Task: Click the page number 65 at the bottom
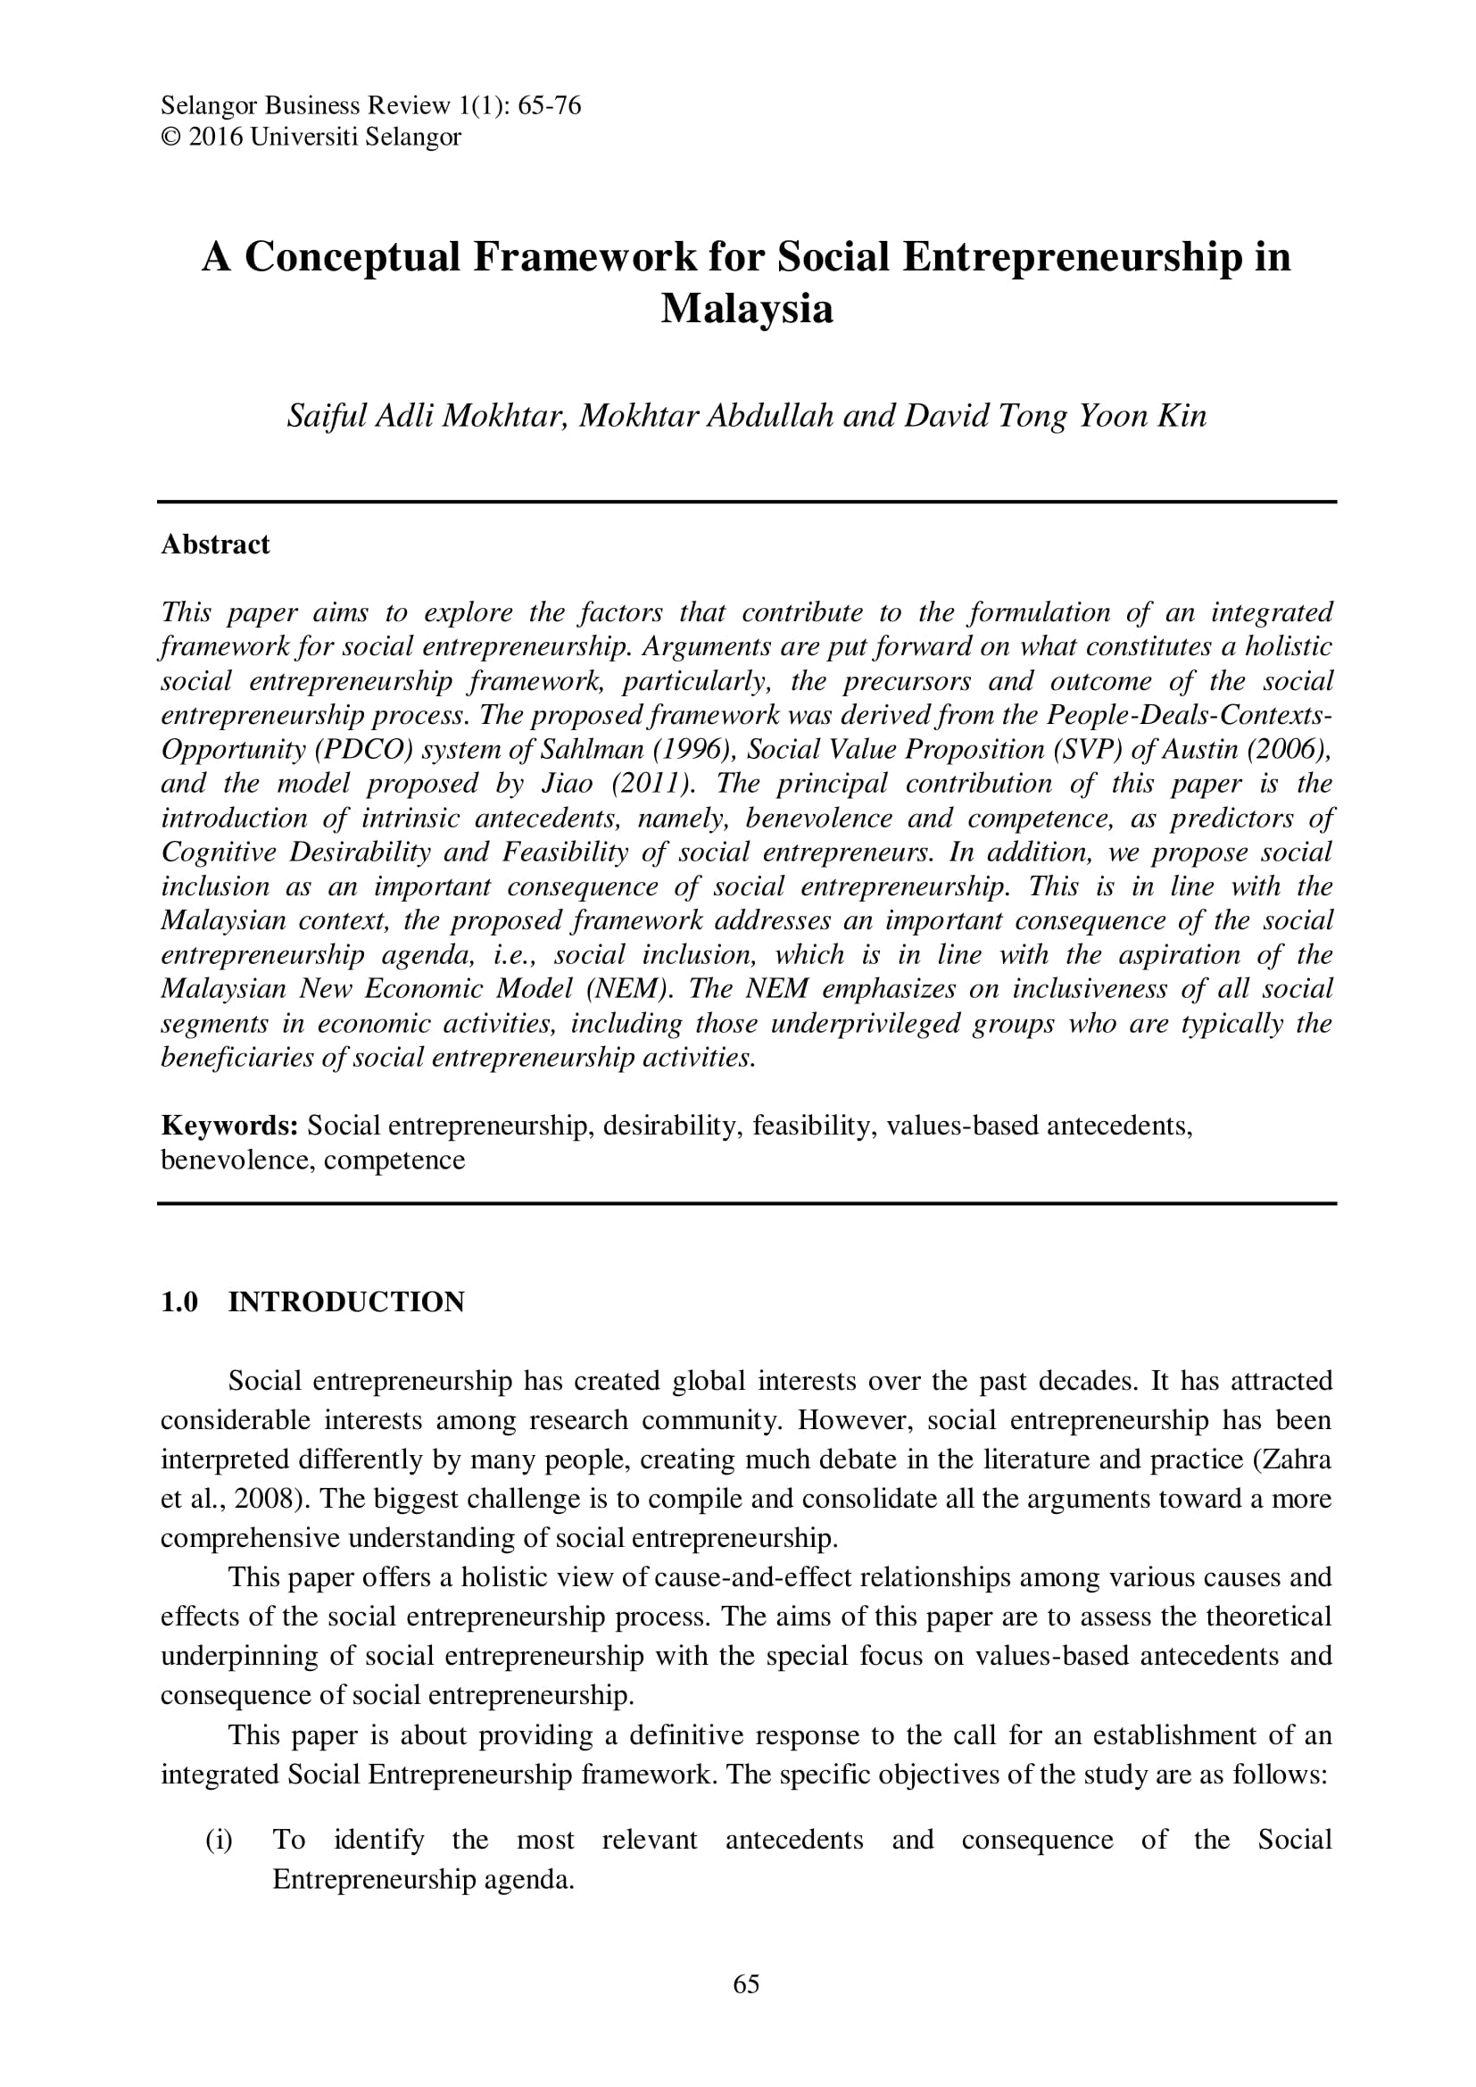click(745, 2009)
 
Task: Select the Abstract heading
click(215, 545)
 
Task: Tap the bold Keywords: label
click(230, 1126)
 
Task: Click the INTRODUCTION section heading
click(346, 1301)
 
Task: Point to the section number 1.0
click(179, 1301)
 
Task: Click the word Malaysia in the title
click(746, 309)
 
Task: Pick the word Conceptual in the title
click(352, 257)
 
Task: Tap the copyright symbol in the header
click(170, 137)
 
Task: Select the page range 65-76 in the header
click(549, 106)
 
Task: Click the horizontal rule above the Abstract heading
click(746, 502)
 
